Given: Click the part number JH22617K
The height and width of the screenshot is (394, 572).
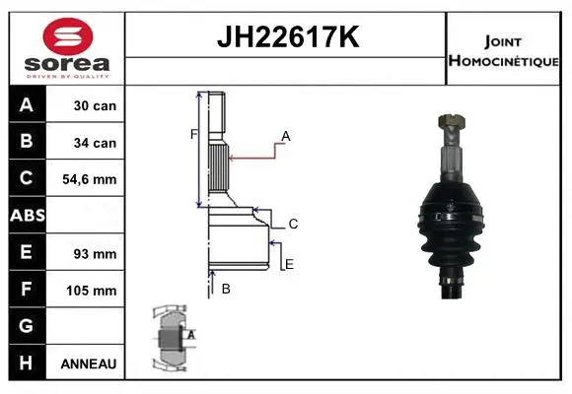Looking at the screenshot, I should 286,37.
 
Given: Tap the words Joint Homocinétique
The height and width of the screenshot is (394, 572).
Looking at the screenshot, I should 504,49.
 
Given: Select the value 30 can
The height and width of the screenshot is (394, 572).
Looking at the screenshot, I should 95,105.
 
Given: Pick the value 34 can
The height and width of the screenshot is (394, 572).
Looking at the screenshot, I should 95,142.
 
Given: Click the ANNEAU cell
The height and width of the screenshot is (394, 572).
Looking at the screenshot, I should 89,363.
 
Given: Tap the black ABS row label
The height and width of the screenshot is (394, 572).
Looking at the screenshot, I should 27,216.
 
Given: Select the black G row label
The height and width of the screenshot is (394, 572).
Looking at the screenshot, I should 27,326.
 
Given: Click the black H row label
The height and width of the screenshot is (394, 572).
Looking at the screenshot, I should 27,363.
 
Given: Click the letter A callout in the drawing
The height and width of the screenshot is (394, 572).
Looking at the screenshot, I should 286,136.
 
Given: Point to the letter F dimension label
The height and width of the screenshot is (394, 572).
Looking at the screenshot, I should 194,133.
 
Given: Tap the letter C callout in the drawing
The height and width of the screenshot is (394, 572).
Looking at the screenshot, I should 293,225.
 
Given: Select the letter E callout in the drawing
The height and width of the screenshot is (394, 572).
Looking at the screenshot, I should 289,264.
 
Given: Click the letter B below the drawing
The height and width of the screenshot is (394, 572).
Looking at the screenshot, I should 226,289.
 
